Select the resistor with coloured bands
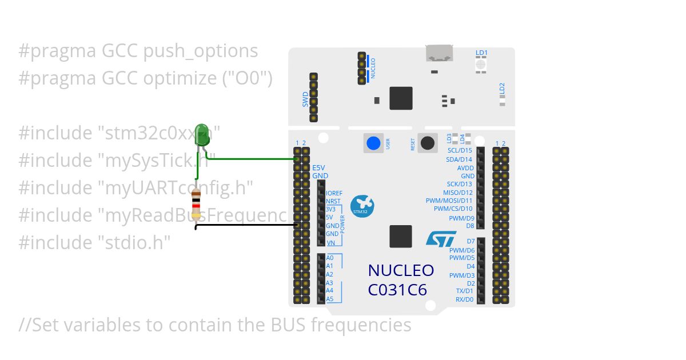tap(197, 201)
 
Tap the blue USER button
tap(373, 143)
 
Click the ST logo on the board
tap(441, 238)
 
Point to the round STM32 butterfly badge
tap(361, 206)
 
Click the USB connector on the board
tap(439, 53)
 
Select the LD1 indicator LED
tap(481, 65)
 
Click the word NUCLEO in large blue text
tap(401, 270)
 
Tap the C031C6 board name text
tap(397, 290)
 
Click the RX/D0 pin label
tap(464, 299)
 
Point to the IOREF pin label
tap(334, 193)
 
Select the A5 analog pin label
tap(329, 299)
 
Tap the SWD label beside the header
tap(305, 99)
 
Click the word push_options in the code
tap(201, 51)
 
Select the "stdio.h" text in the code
tap(132, 242)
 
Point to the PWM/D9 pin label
tap(461, 218)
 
